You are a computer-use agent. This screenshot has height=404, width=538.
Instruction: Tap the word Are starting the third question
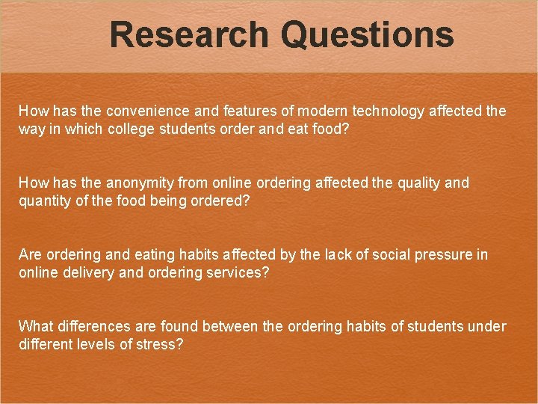(30, 255)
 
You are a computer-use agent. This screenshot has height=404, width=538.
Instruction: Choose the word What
(35, 327)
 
